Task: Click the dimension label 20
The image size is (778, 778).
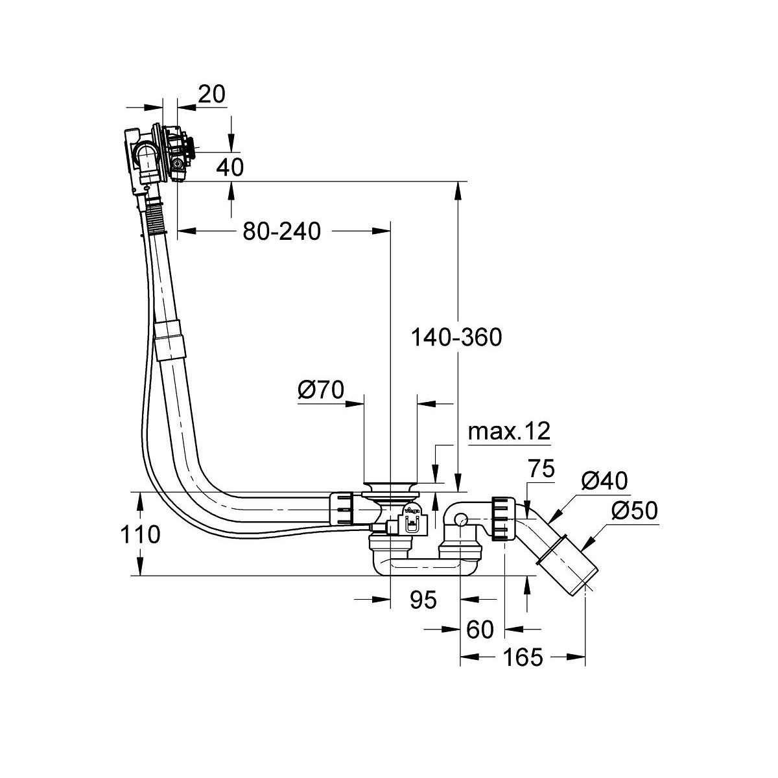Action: click(x=211, y=94)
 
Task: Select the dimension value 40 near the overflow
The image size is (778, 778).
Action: click(x=231, y=167)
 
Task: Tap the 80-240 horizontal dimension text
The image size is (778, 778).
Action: click(x=281, y=231)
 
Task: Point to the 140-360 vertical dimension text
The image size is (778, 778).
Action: click(x=457, y=337)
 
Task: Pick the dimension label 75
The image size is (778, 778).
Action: click(x=541, y=469)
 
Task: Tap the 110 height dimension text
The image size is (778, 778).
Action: click(x=139, y=534)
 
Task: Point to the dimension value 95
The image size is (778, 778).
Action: click(x=423, y=600)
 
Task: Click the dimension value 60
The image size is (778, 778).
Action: click(x=480, y=628)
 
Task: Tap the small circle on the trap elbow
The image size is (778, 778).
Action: click(x=460, y=520)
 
